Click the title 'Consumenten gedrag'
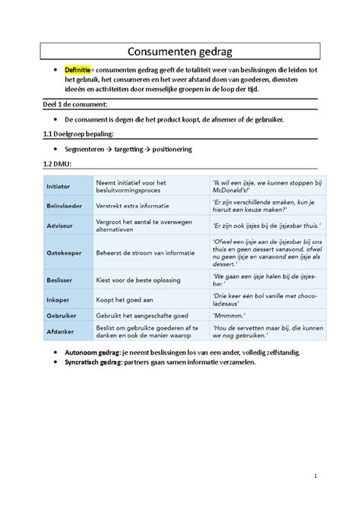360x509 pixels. [x=180, y=51]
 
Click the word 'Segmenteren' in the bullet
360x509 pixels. [x=88, y=149]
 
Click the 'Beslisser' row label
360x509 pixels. [x=61, y=280]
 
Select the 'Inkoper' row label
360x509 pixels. [x=58, y=299]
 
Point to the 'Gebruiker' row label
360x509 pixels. [x=62, y=315]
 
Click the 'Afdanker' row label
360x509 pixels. [x=60, y=331]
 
